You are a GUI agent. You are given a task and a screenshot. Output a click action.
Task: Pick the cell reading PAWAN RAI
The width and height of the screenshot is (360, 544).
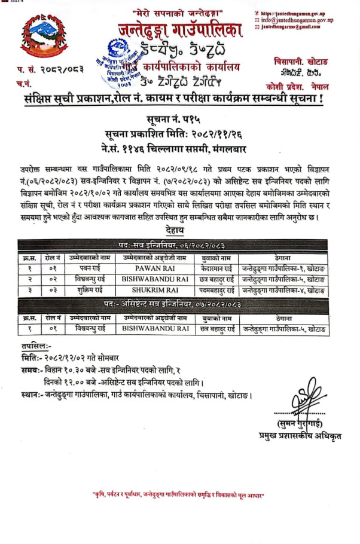click(155, 269)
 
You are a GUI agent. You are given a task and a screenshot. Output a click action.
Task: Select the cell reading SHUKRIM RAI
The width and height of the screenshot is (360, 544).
click(155, 290)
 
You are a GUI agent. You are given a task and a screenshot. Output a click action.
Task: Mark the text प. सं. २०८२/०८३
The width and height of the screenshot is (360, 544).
click(50, 69)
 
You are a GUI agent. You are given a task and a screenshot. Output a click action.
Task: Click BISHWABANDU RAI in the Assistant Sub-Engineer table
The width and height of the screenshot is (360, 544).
click(155, 329)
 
